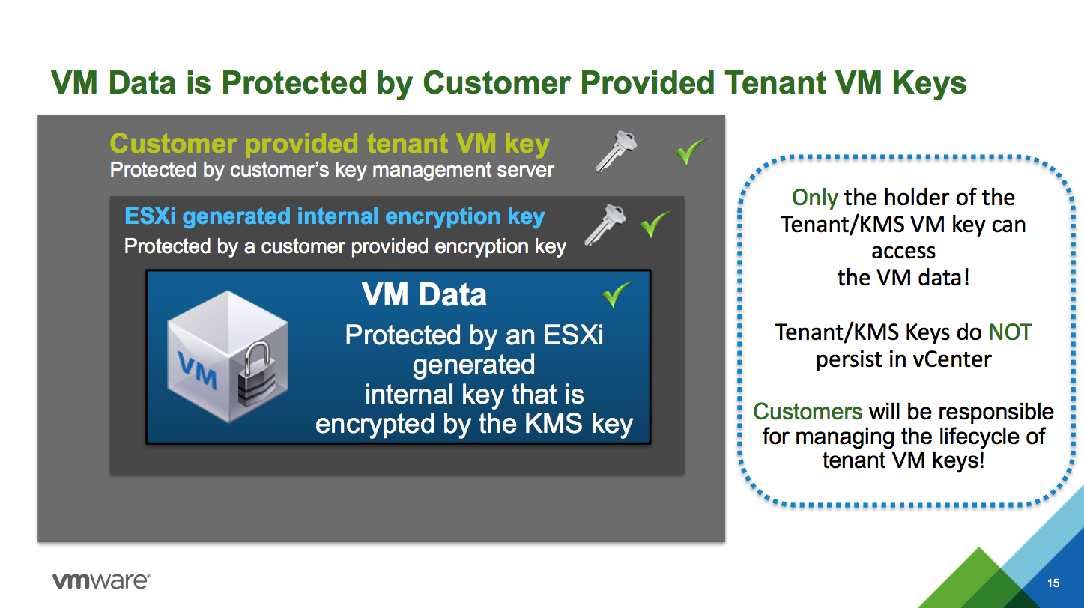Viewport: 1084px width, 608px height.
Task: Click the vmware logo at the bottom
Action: coord(101,581)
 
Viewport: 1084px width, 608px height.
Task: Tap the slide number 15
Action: coord(1053,583)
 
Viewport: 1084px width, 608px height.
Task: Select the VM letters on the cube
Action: coord(197,371)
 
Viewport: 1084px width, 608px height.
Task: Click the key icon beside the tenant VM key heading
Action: coord(616,151)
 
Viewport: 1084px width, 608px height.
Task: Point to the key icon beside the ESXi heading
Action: coord(605,225)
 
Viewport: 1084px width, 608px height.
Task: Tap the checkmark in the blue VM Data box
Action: coord(617,294)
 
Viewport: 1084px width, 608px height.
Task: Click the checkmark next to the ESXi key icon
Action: coord(655,224)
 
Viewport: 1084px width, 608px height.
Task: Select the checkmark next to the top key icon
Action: coord(691,151)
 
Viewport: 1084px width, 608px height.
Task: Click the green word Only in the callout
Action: coord(814,198)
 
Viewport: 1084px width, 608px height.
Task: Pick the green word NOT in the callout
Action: coord(1010,332)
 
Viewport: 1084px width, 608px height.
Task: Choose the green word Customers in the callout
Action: coord(807,412)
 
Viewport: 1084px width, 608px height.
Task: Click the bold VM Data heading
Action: coord(424,294)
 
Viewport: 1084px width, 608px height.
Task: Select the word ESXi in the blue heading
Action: coord(150,216)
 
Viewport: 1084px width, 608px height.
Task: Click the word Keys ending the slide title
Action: coord(929,83)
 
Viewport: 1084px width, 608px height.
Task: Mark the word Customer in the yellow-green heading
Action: coord(173,144)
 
